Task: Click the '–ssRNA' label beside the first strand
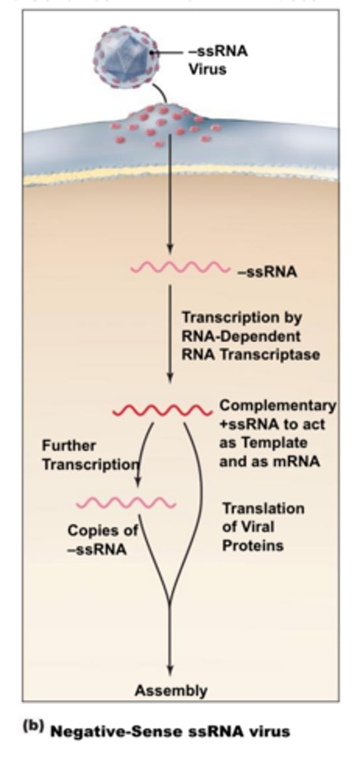click(x=267, y=272)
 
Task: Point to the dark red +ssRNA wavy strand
click(x=162, y=411)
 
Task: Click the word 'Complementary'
click(x=277, y=406)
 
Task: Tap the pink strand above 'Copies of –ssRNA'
click(x=126, y=503)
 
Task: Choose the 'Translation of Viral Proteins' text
click(x=263, y=526)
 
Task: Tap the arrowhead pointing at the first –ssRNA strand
click(x=170, y=249)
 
